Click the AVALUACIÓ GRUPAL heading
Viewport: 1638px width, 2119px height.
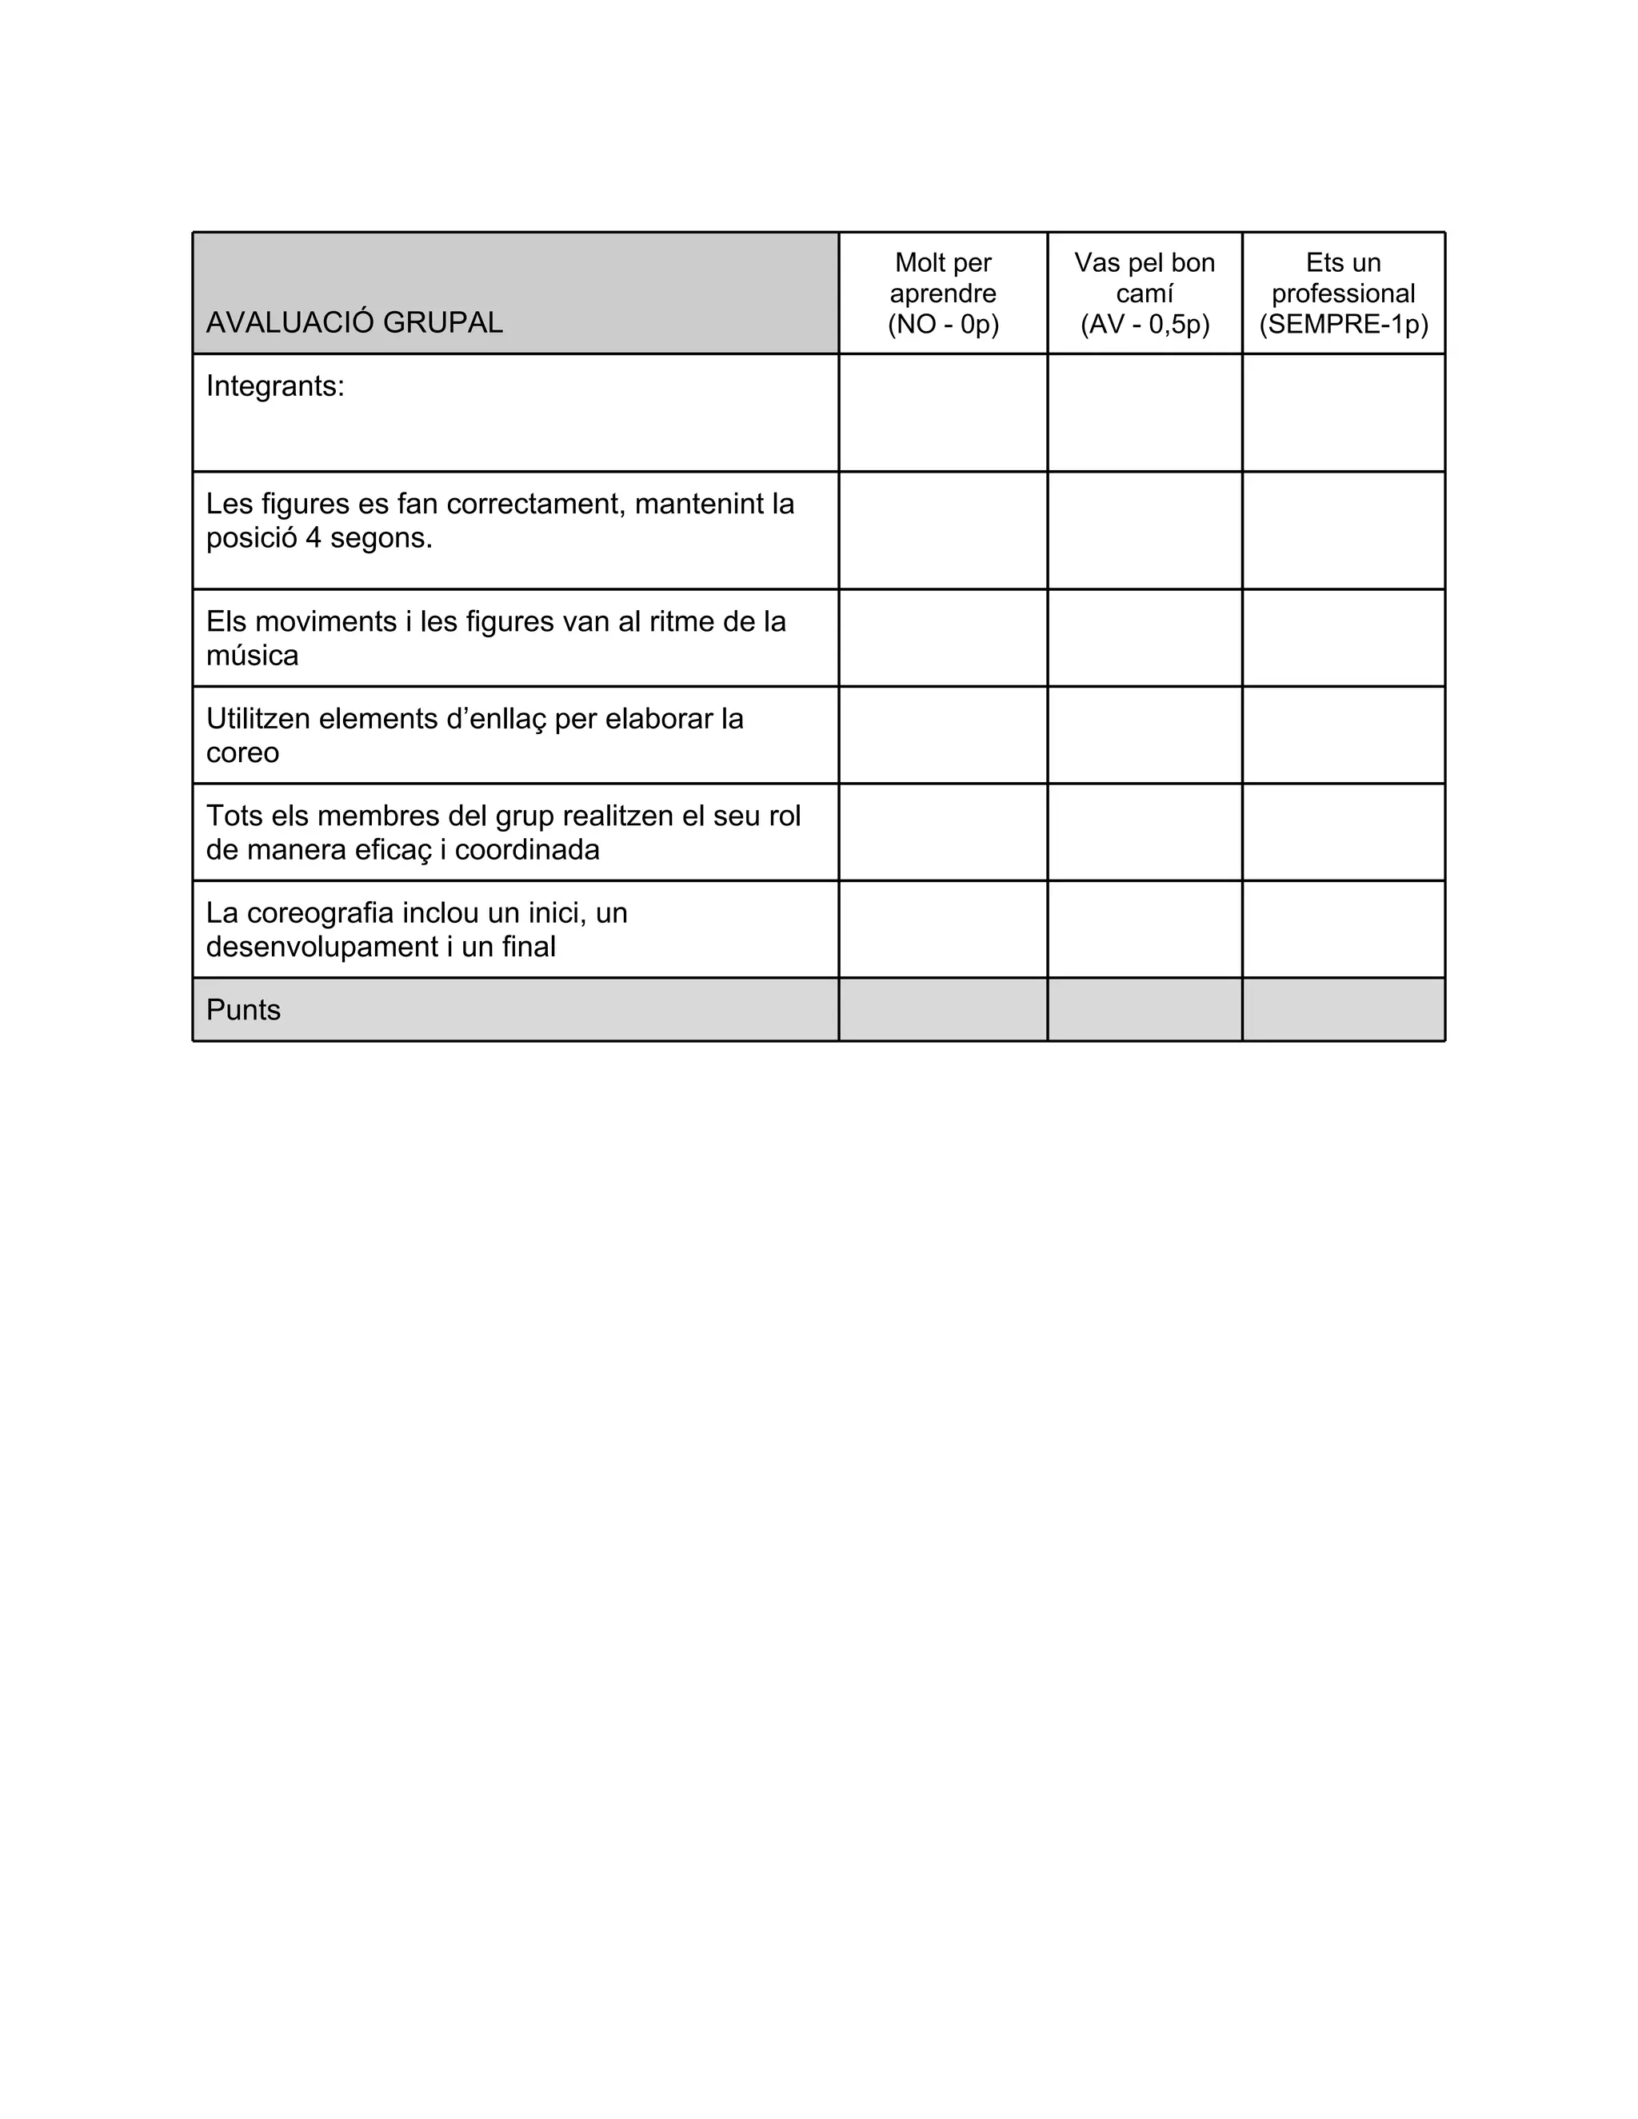coord(354,322)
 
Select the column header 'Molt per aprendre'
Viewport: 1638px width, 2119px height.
coord(942,277)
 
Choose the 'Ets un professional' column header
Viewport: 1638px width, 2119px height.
coord(1343,277)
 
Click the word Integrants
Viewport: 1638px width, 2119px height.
coord(274,386)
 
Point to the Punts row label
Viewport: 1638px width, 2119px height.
coord(244,1010)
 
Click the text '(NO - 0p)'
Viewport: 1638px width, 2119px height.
coord(942,324)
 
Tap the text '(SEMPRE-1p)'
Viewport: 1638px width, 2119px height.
coord(1343,324)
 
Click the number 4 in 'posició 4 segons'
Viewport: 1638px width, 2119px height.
coord(313,537)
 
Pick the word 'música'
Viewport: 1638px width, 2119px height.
coord(252,655)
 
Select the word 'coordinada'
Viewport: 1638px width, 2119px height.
coord(527,849)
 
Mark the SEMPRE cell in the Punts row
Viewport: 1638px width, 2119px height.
coord(1343,1010)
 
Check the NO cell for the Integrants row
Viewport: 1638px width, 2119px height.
coord(942,413)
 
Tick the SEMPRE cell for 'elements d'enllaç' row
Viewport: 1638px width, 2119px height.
coord(1343,735)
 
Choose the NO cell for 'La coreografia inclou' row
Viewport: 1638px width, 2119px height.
coord(942,928)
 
